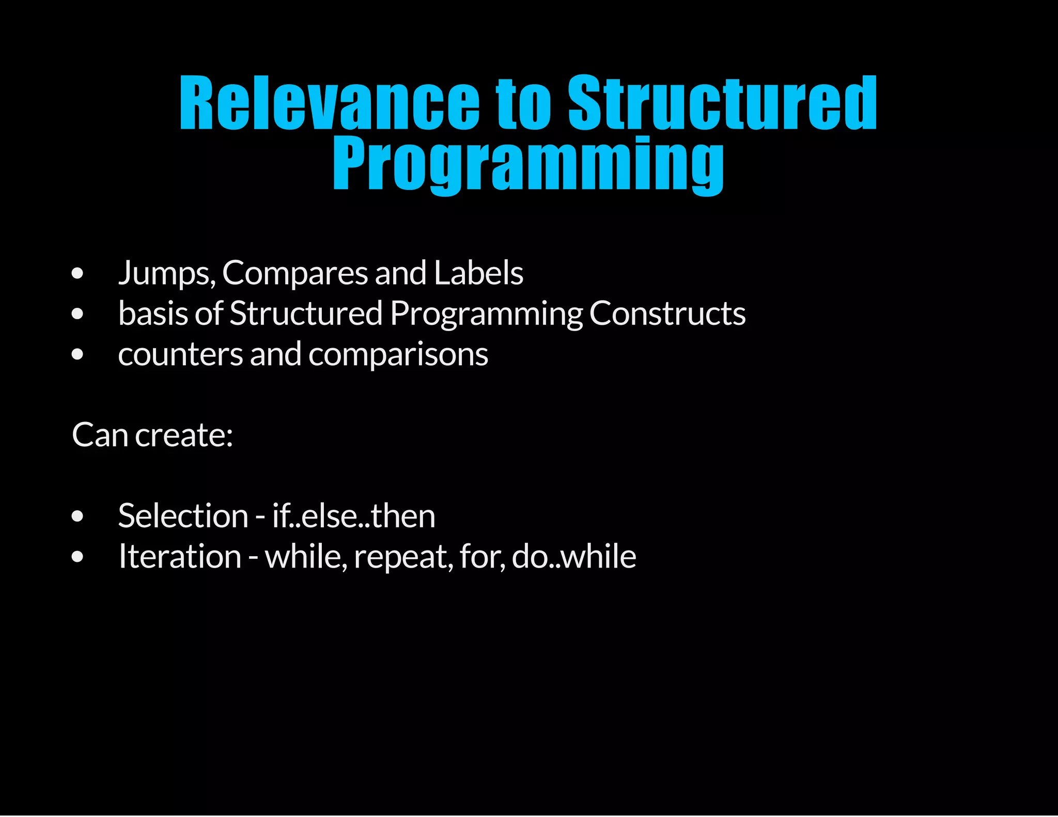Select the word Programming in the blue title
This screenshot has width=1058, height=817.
pos(528,164)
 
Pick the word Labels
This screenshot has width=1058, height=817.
pos(478,273)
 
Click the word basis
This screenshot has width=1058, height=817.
pos(153,313)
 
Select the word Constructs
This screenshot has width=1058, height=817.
pos(667,313)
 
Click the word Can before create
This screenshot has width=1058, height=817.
pos(100,435)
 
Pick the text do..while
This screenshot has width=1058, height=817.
pos(574,556)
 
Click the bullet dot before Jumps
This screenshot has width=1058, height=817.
pos(77,274)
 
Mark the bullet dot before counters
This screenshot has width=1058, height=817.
pos(77,355)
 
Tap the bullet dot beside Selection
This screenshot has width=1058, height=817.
pos(77,516)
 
